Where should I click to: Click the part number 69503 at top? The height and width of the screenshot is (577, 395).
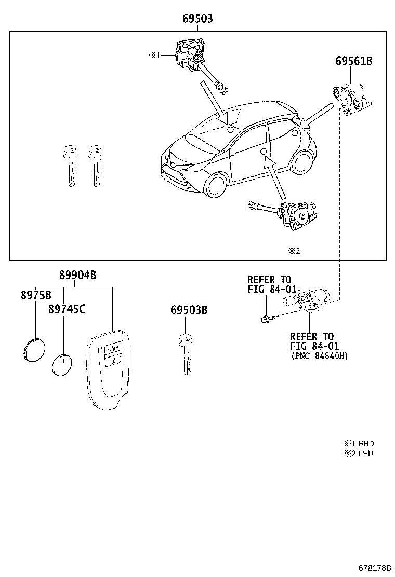click(x=197, y=19)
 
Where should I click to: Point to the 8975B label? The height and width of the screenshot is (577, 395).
click(x=36, y=295)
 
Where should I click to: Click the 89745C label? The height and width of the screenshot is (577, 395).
click(x=67, y=309)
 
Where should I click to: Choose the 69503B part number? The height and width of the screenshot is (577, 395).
click(x=189, y=310)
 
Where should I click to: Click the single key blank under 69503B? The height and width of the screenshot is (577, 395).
click(x=186, y=352)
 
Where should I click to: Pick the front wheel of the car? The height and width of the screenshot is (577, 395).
click(x=215, y=186)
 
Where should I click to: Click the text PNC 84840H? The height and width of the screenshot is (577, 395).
click(x=319, y=356)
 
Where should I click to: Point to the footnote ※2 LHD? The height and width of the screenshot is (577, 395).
click(x=358, y=454)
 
